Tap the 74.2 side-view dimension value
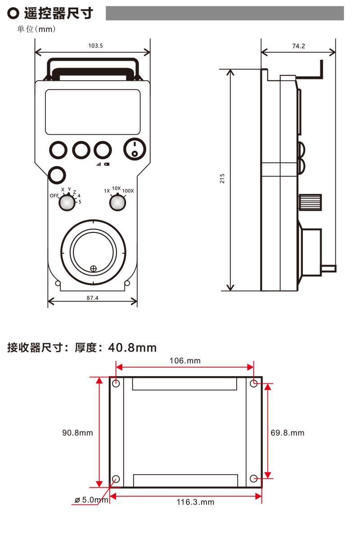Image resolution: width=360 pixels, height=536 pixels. (298, 46)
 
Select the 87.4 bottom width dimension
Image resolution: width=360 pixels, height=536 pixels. (93, 298)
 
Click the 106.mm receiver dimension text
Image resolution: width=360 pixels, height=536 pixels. (185, 360)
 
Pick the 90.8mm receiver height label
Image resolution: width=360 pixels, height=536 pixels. (77, 433)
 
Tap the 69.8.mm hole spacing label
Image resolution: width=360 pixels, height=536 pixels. (288, 433)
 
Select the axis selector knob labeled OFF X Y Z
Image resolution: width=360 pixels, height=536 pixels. (67, 203)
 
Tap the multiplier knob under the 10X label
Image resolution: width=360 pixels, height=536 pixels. (117, 203)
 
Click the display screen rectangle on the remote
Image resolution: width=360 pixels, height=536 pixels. (93, 111)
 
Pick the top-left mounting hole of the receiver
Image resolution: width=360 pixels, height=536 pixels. (116, 384)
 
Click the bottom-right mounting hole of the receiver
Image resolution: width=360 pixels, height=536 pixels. (254, 478)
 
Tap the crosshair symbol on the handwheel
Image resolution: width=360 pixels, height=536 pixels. (93, 269)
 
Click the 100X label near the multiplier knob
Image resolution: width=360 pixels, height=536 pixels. (128, 191)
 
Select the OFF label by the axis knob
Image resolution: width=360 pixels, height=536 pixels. (54, 196)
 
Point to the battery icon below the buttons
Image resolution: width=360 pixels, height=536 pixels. (106, 164)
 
